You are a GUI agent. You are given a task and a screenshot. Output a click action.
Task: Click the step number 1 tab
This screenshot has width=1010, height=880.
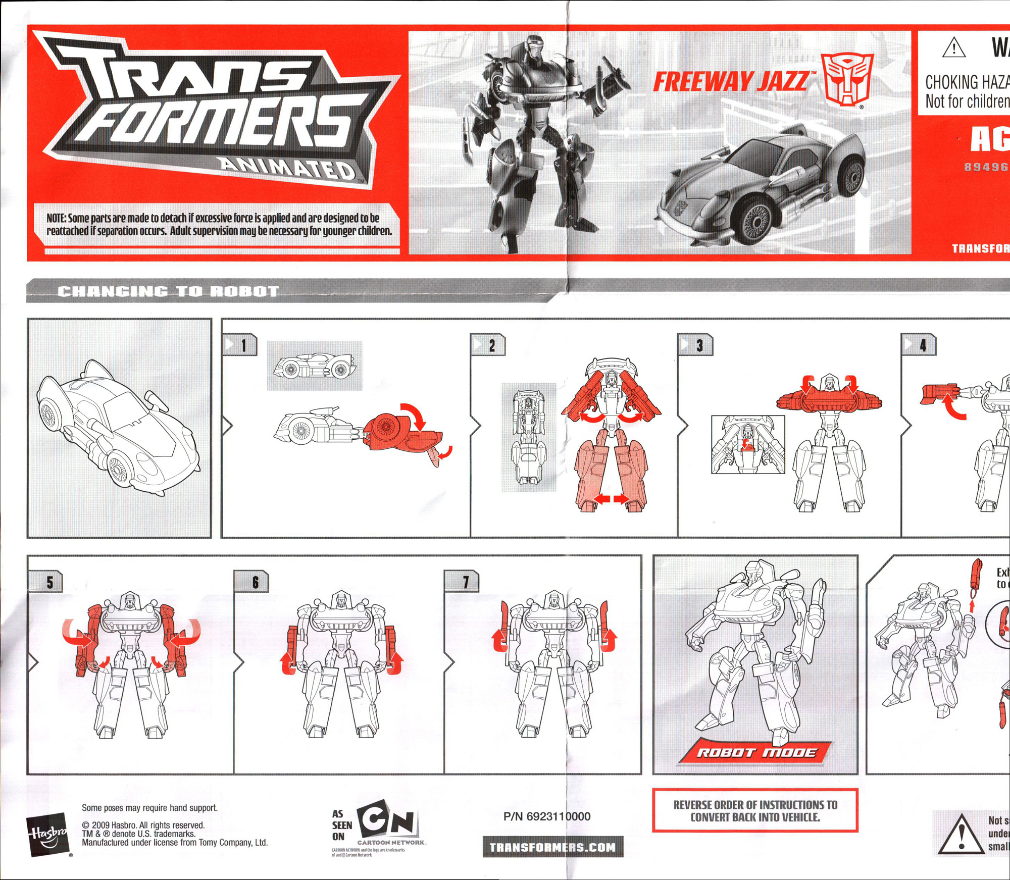pyautogui.click(x=240, y=345)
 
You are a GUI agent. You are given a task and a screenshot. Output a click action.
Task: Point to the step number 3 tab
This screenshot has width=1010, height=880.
pyautogui.click(x=695, y=345)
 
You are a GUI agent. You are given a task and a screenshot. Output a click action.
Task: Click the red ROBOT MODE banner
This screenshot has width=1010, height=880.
pyautogui.click(x=755, y=753)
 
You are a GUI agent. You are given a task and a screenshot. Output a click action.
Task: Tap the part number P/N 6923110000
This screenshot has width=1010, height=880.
pyautogui.click(x=547, y=816)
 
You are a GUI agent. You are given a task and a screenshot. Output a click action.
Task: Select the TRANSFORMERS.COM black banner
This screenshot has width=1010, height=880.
pyautogui.click(x=552, y=847)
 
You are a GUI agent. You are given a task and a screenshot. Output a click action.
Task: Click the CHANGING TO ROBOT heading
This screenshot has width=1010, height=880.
pyautogui.click(x=168, y=291)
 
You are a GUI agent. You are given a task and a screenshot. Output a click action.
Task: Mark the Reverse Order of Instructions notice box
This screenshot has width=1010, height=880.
pyautogui.click(x=755, y=811)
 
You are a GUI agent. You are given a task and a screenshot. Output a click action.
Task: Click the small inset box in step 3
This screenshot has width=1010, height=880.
pyautogui.click(x=748, y=444)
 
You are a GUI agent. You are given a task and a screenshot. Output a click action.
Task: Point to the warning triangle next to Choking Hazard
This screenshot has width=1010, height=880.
pyautogui.click(x=954, y=48)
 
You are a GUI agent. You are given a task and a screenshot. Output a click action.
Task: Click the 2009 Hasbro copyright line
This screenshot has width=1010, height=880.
pyautogui.click(x=143, y=825)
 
